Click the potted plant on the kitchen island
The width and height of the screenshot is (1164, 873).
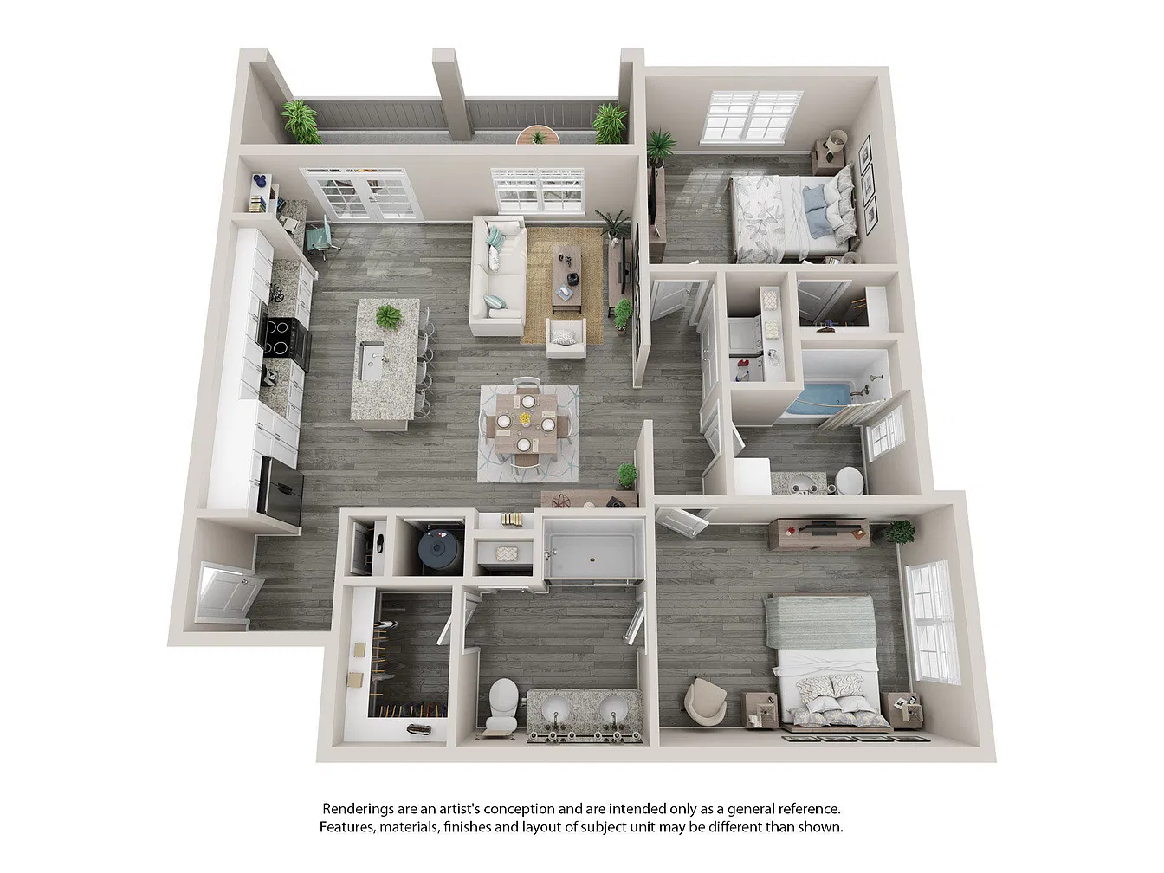[389, 317]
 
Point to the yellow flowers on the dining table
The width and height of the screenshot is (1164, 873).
[525, 419]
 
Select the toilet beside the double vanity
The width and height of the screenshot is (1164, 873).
[501, 704]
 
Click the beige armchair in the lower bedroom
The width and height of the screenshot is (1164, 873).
[706, 700]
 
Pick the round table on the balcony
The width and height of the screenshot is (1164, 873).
[538, 135]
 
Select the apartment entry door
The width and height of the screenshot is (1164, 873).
[227, 592]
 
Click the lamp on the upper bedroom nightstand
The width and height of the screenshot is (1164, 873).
[837, 140]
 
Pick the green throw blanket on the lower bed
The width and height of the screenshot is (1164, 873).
[820, 621]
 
